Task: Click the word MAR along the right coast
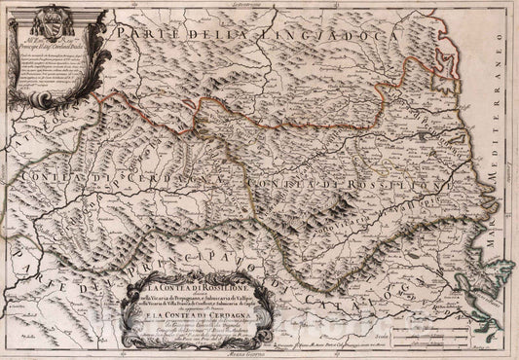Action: point(493,237)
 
